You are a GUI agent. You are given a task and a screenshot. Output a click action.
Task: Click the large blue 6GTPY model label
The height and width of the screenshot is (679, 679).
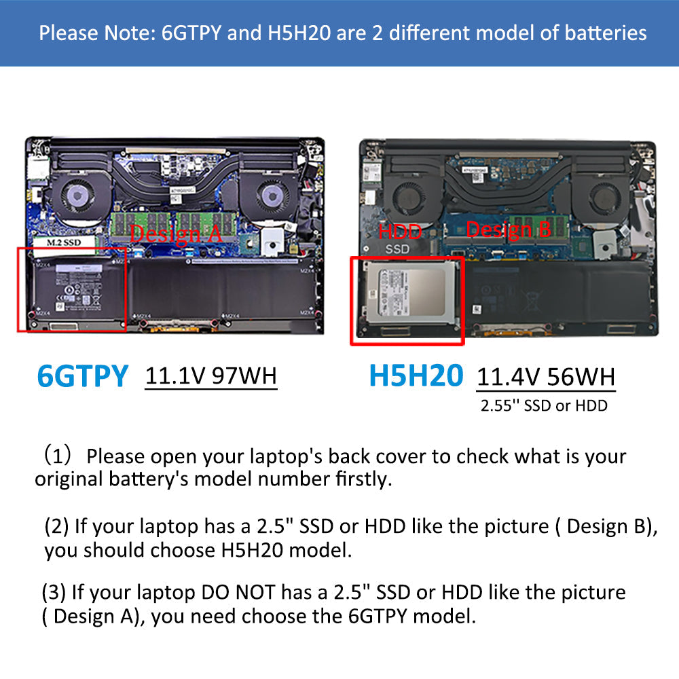[82, 376]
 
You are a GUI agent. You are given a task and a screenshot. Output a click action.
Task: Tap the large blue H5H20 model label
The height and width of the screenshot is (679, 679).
[416, 376]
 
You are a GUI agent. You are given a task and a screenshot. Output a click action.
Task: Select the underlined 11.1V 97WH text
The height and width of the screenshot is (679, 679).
[211, 375]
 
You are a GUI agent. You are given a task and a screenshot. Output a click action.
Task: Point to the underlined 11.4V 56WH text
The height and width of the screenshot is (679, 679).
[546, 377]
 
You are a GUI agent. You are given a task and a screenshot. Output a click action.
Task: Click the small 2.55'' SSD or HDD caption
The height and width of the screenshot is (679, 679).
[543, 406]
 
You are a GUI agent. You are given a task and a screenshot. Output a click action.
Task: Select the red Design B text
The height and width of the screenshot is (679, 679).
[509, 230]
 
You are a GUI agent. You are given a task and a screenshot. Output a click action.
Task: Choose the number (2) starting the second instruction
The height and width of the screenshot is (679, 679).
[56, 526]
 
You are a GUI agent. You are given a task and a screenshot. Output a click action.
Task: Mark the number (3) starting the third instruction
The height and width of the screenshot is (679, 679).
[54, 592]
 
